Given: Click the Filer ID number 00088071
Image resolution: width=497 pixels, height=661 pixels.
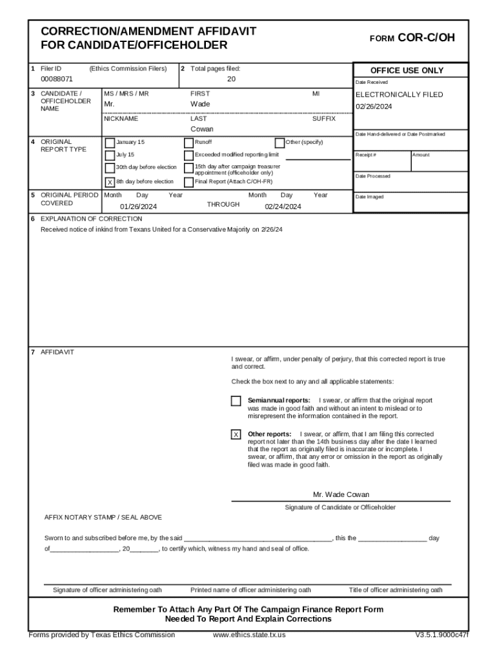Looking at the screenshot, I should (57, 79).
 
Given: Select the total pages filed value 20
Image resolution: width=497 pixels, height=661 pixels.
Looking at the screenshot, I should (231, 79).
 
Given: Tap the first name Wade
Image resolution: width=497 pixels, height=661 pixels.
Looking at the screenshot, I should (200, 104).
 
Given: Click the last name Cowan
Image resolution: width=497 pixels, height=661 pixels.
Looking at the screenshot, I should (201, 129).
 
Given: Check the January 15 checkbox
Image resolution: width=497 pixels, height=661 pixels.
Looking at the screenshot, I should (110, 143).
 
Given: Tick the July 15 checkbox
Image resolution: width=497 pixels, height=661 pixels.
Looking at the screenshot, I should (110, 155).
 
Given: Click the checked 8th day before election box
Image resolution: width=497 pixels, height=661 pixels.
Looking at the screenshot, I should (110, 182).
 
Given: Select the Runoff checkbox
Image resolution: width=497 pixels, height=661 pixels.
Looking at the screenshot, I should (188, 143).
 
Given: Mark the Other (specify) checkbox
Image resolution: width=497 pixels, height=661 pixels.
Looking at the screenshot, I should (279, 143).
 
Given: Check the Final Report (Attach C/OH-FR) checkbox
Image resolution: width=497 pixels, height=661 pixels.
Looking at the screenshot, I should (188, 182).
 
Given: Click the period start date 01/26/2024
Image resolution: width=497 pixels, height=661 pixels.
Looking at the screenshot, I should (138, 207).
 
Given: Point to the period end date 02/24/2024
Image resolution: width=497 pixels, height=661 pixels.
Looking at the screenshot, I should (283, 207).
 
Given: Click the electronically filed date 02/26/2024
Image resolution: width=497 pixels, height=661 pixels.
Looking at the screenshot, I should (374, 107).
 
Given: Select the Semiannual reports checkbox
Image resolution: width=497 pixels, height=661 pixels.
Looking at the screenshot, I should (236, 401).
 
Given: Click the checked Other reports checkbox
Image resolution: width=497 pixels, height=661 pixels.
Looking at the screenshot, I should (236, 434).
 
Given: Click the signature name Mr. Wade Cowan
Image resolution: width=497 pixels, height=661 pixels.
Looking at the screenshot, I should (341, 494).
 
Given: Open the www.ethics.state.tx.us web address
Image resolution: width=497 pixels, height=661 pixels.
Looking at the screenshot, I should (249, 635).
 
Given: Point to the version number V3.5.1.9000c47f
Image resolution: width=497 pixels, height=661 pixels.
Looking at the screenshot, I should (441, 635).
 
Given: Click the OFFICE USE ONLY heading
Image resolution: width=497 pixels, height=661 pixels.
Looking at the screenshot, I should (407, 70).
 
